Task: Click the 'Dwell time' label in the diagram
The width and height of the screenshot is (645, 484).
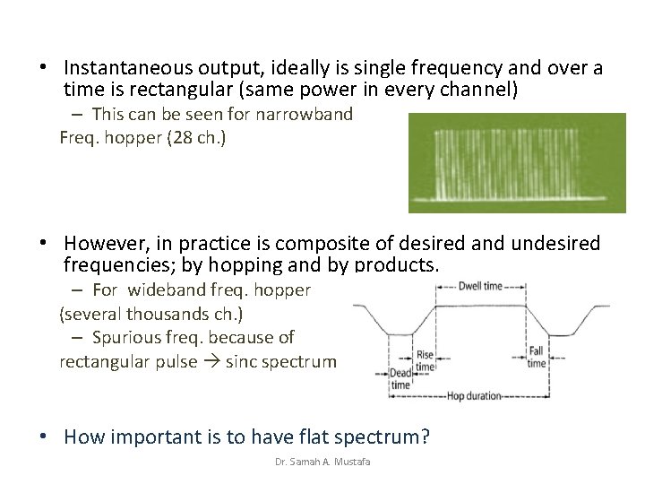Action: click(481, 287)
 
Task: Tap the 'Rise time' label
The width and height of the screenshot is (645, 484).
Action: click(425, 360)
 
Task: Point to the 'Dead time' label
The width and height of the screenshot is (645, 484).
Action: click(400, 378)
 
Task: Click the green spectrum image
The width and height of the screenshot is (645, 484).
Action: click(517, 162)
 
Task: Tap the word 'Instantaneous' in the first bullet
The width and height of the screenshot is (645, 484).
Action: click(120, 68)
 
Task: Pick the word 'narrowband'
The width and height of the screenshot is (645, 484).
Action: click(305, 115)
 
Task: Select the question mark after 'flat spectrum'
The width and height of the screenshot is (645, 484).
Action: click(425, 437)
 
